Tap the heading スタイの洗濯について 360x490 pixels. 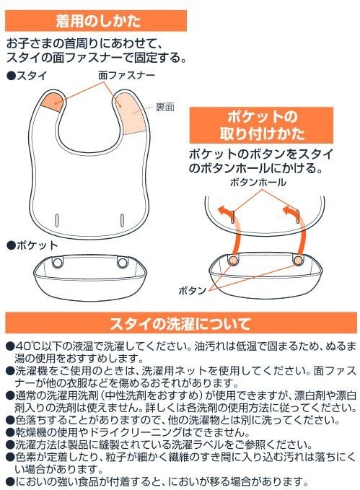click(x=180, y=323)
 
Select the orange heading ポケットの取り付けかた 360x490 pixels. click(x=261, y=125)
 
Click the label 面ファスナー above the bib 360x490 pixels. click(x=126, y=75)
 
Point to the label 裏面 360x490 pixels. click(x=165, y=108)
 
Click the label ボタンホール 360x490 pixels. click(x=258, y=182)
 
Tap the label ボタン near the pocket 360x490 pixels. click(x=193, y=291)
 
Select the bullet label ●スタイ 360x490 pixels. click(x=27, y=76)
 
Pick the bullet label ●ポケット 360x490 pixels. click(x=32, y=245)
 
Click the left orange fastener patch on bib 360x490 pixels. click(x=52, y=101)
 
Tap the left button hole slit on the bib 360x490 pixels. click(x=57, y=220)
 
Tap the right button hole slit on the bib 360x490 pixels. click(x=122, y=220)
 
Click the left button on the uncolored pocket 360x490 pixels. click(x=58, y=262)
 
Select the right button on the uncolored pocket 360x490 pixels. click(x=122, y=262)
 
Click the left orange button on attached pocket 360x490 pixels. click(x=232, y=260)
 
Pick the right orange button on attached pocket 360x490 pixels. click(x=298, y=260)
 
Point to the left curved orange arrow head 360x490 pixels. click(x=222, y=210)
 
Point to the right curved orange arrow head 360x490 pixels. click(x=288, y=210)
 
